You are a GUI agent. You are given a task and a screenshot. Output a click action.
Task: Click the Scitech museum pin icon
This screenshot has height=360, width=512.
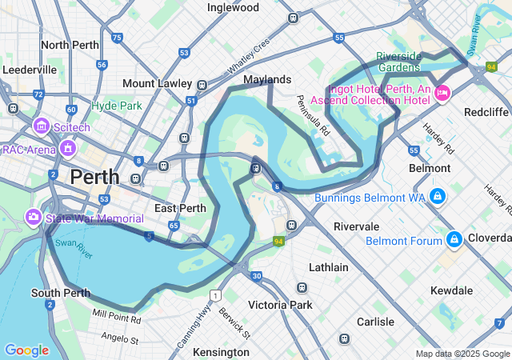pos(41,126)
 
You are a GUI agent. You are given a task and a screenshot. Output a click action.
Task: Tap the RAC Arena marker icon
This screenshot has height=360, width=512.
pos(67,148)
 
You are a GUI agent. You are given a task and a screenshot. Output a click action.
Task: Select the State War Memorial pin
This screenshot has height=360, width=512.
pos(33,217)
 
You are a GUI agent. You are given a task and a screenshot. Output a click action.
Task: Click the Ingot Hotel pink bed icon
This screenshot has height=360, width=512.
pos(441,94)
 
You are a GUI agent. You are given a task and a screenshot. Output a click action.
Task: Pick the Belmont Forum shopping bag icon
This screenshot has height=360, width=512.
pos(454,239)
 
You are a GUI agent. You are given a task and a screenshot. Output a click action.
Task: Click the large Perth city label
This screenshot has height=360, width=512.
pos(94,177)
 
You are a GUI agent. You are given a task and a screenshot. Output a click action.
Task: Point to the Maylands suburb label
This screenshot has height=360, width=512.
pos(267,80)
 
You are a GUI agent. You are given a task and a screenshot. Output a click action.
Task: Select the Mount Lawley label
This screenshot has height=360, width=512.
pos(157,83)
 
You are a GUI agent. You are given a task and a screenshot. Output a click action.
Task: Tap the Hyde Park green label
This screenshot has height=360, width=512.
pos(116,106)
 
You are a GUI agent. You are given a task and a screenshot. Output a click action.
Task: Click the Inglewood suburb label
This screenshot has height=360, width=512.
pos(233,7)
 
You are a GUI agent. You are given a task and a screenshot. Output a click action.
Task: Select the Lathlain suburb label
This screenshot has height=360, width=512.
pos(329,267)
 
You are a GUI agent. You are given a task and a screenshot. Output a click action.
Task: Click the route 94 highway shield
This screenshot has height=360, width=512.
pos(278,241)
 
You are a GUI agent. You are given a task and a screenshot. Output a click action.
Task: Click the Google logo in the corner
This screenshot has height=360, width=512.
pos(26,350)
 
